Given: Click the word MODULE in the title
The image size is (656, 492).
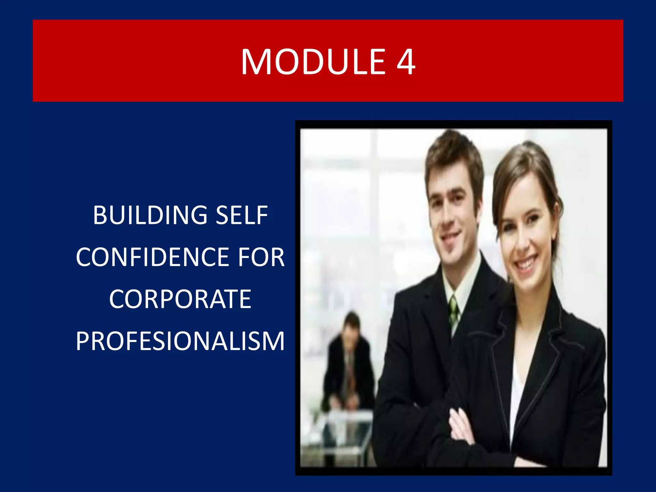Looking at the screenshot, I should tap(313, 61).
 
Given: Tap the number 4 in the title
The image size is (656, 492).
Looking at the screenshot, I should tap(406, 61).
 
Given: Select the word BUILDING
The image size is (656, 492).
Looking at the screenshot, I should tap(150, 215).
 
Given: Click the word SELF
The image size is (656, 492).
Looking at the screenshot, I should tap(242, 215).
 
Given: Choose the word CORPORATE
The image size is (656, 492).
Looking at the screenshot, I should tap(180, 299).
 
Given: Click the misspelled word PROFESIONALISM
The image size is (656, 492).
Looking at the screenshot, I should tap(180, 341).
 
